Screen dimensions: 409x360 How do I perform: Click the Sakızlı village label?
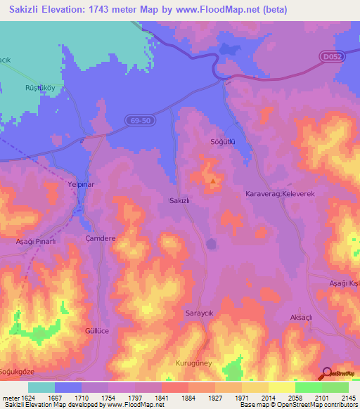[181, 200]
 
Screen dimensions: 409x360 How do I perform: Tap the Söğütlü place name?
[222, 141]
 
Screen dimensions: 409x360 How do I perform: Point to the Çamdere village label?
[100, 239]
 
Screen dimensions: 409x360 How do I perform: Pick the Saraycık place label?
[198, 312]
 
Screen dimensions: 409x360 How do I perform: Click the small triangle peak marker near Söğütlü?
[214, 181]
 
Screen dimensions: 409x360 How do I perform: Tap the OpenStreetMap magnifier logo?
[327, 373]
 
